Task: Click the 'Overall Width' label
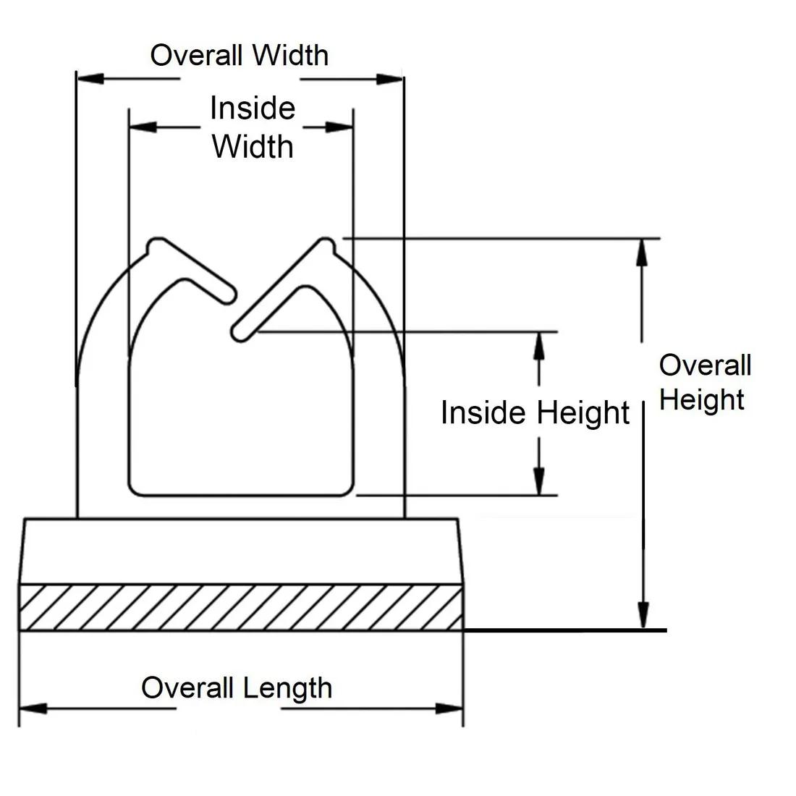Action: pyautogui.click(x=239, y=55)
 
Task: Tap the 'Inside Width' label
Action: pyautogui.click(x=253, y=127)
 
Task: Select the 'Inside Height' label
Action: pyautogui.click(x=535, y=412)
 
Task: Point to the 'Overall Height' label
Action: pyautogui.click(x=705, y=382)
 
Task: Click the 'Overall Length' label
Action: pyautogui.click(x=237, y=687)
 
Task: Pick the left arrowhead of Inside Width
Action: pyautogui.click(x=141, y=127)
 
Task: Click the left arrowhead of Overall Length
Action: pyautogui.click(x=32, y=708)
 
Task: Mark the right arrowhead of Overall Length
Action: pyautogui.click(x=449, y=708)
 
